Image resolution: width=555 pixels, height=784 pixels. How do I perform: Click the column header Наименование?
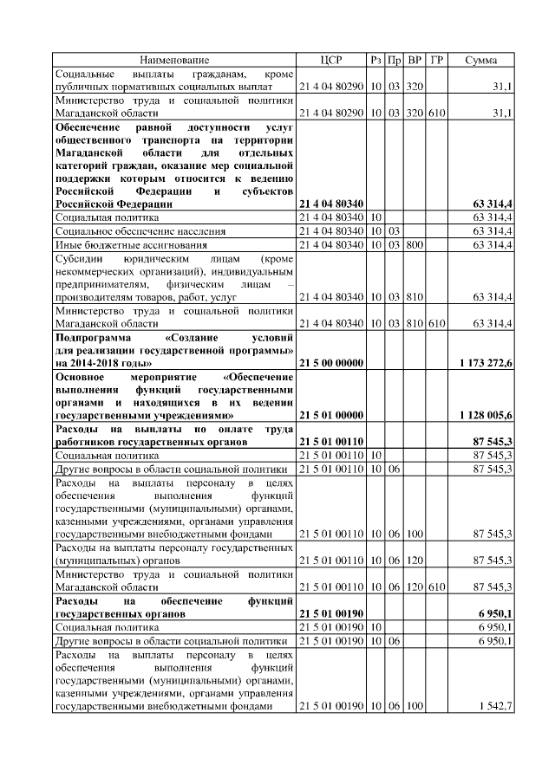pos(174,60)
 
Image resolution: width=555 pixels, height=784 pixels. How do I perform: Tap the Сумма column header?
pos(481,60)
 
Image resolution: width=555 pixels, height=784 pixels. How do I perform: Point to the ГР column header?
pos(436,60)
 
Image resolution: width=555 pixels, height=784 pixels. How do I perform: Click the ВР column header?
pos(415,60)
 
